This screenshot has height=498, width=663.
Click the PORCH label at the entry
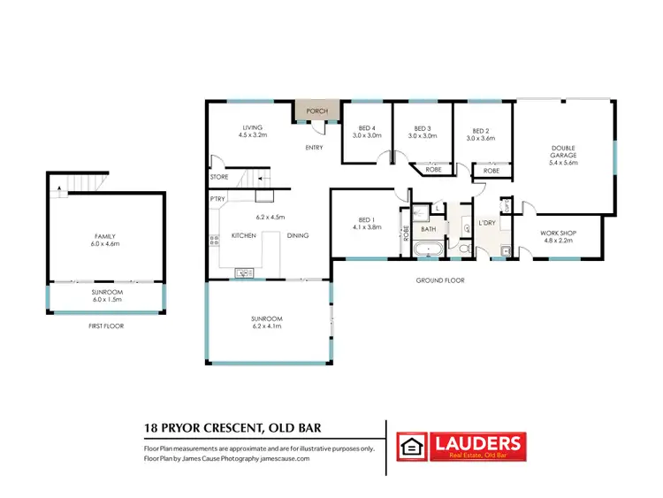tap(316, 111)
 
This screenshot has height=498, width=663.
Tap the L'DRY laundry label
tap(487, 223)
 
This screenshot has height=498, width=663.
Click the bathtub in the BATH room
tap(431, 249)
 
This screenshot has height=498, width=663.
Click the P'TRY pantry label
tap(217, 199)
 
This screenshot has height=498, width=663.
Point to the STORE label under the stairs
tap(219, 177)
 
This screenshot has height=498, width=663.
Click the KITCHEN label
tap(243, 236)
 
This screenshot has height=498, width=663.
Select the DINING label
tap(298, 236)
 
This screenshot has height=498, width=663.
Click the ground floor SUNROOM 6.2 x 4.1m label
tap(265, 322)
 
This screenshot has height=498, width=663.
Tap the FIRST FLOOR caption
tap(105, 326)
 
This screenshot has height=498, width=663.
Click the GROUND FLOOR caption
tap(441, 280)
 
